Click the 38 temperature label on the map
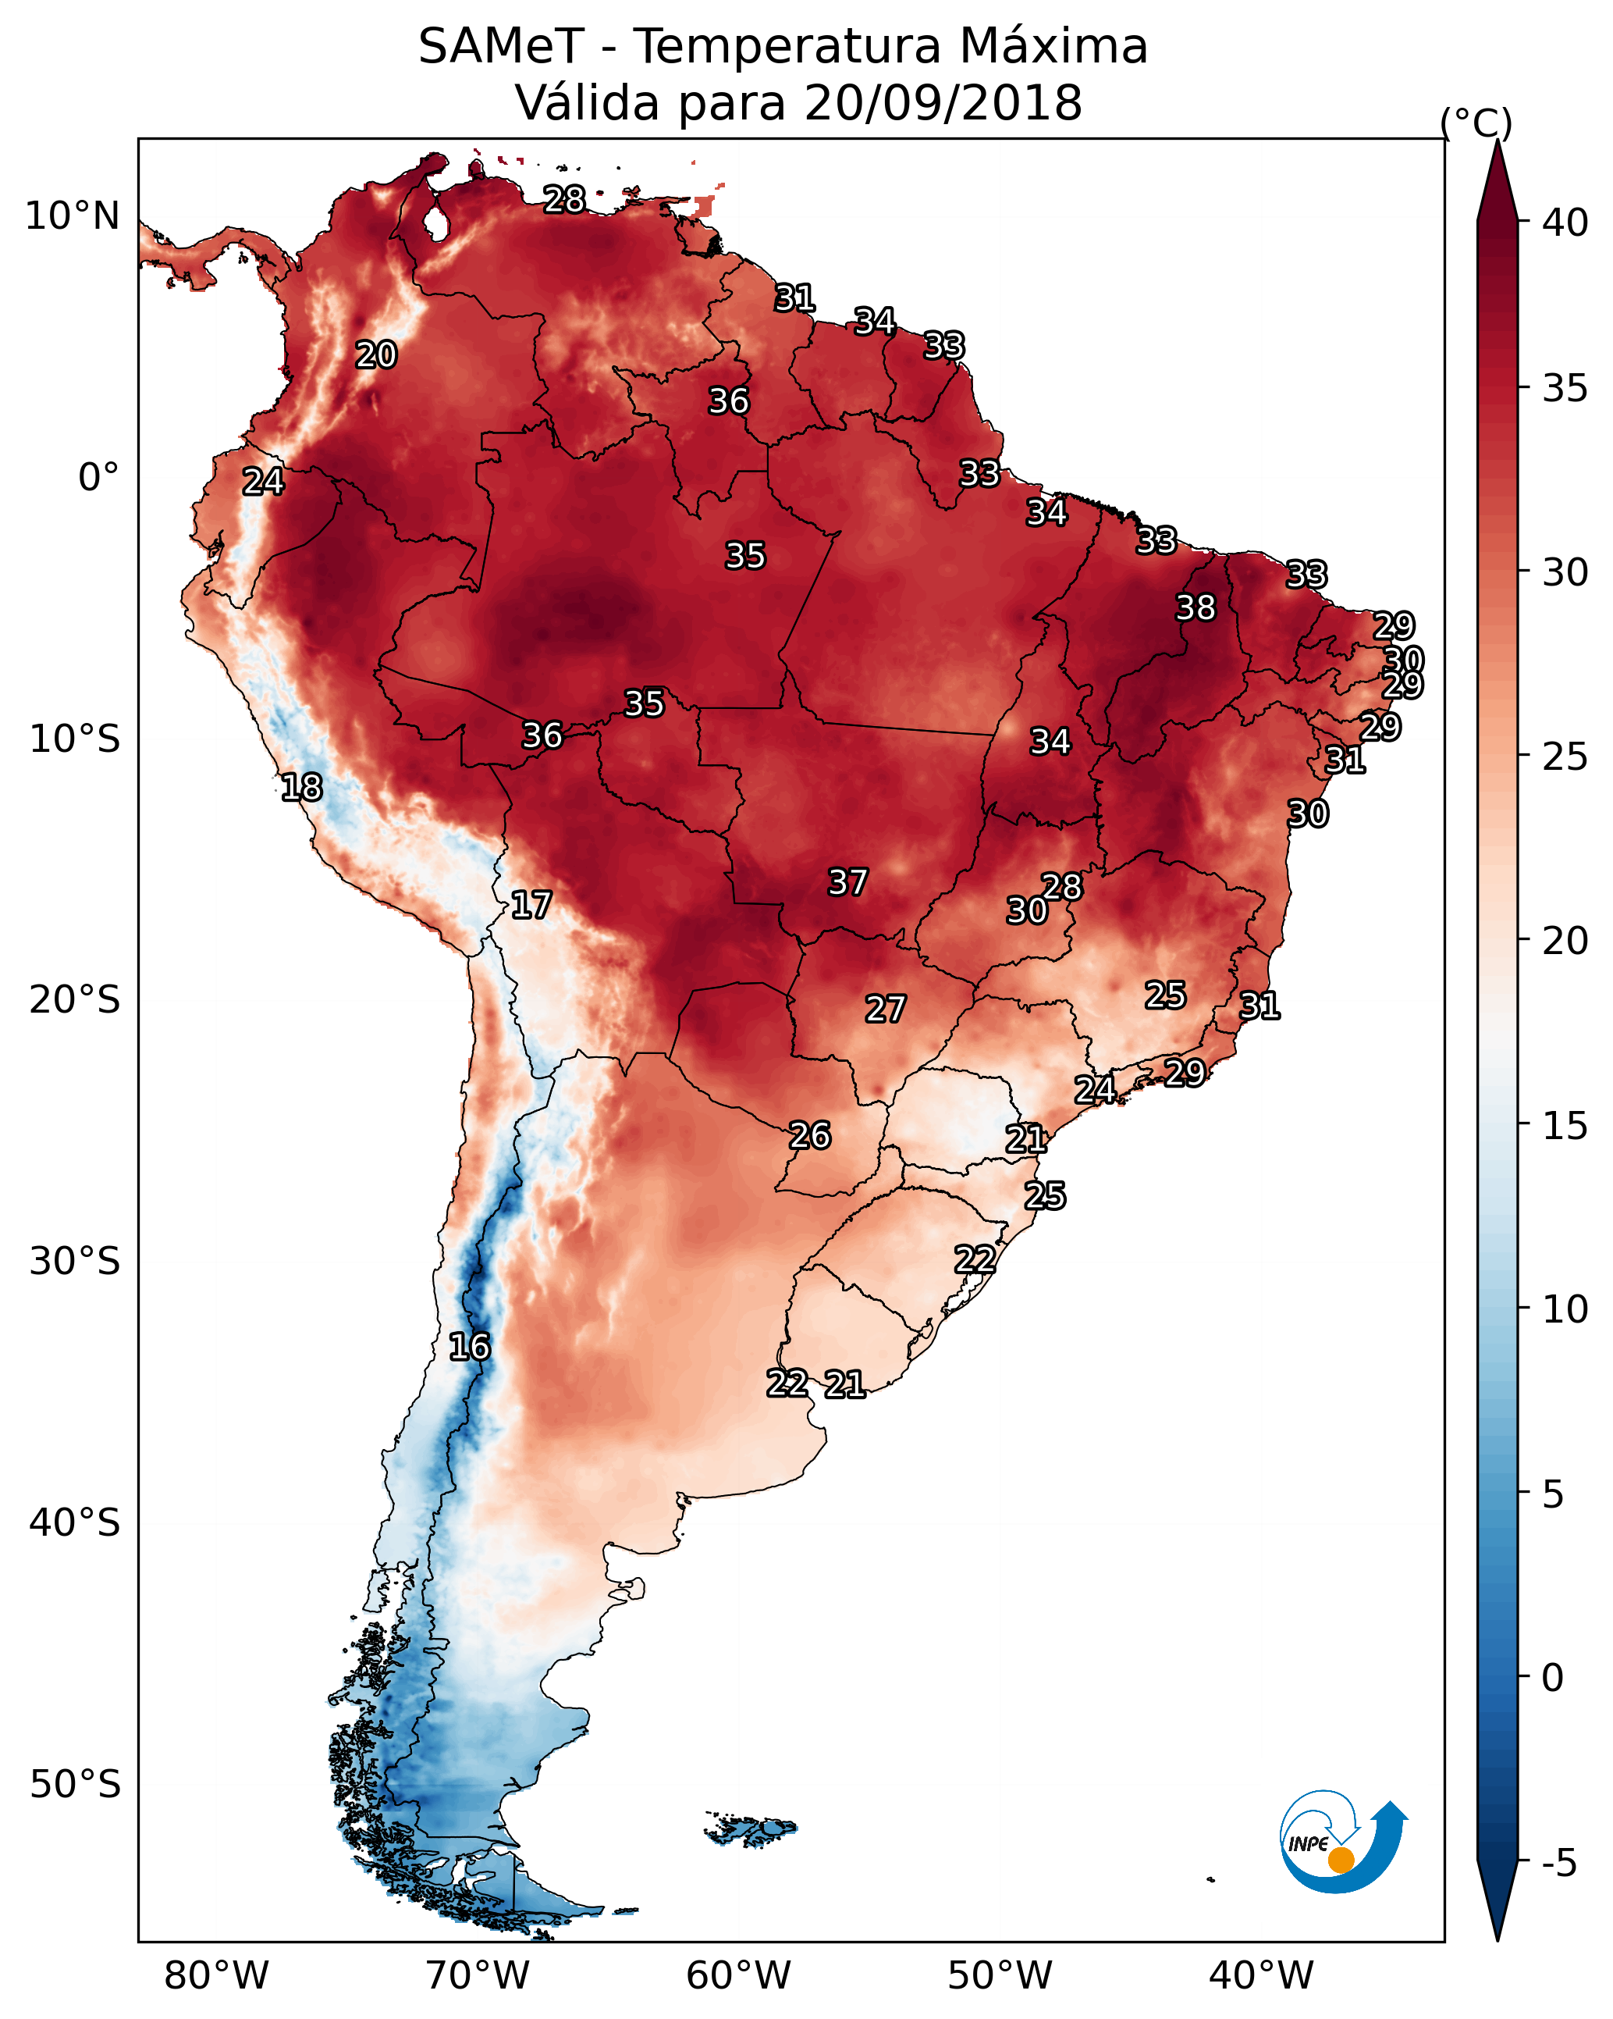[x=1195, y=607]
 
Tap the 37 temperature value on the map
[x=847, y=881]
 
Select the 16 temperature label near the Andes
[x=469, y=1346]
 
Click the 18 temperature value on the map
[x=301, y=787]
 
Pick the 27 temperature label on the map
[x=885, y=1009]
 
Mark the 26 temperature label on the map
[x=810, y=1135]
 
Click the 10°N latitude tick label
[x=72, y=216]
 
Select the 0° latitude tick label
[x=98, y=478]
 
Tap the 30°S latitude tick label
[x=75, y=1262]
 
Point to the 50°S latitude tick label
[x=75, y=1785]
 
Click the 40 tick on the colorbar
[x=1565, y=223]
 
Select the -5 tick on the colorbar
[x=1558, y=1864]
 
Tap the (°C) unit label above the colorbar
[x=1476, y=123]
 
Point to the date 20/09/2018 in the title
[x=943, y=102]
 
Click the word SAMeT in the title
[x=501, y=47]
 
